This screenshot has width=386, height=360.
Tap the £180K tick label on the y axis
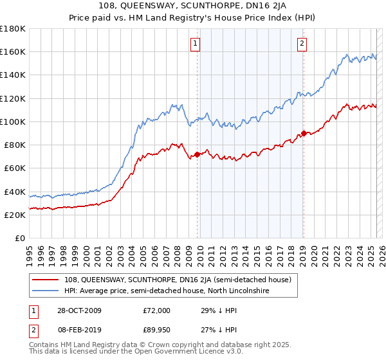[13, 29]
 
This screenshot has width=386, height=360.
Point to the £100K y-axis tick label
[13, 122]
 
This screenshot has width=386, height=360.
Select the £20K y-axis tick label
[15, 215]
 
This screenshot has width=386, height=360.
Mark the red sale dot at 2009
[198, 155]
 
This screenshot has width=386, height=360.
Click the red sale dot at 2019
[303, 134]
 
